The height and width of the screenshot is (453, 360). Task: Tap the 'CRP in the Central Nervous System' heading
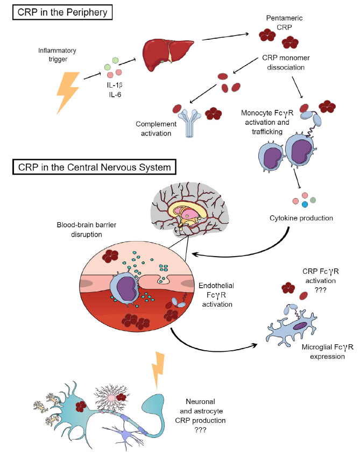pos(93,167)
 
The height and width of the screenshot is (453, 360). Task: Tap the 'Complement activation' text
pos(154,128)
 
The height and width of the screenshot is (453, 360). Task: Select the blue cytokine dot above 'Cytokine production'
pos(305,204)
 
